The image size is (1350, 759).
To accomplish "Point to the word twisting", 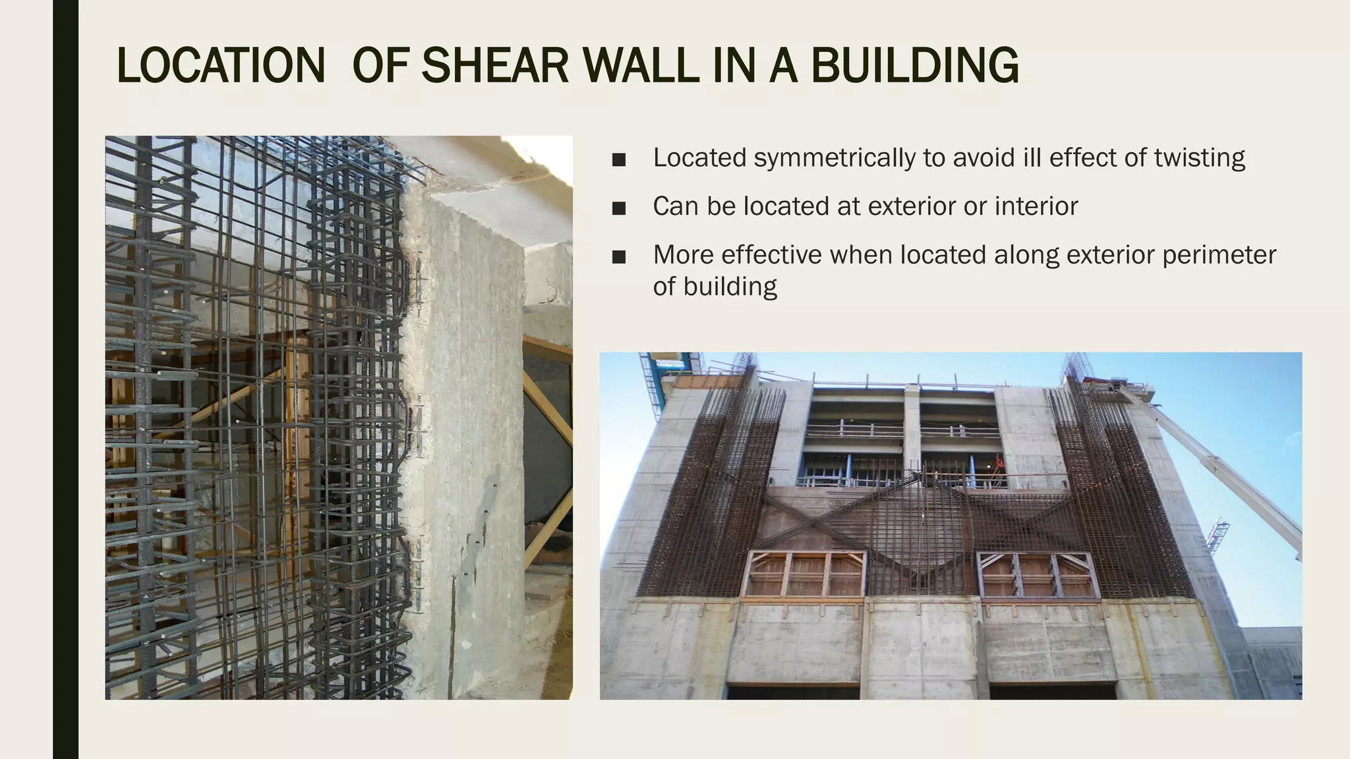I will click(1200, 158).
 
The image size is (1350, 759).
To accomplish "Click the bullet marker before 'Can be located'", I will click(618, 208).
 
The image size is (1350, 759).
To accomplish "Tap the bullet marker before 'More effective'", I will click(618, 257).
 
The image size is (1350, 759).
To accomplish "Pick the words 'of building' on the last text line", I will click(715, 287).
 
